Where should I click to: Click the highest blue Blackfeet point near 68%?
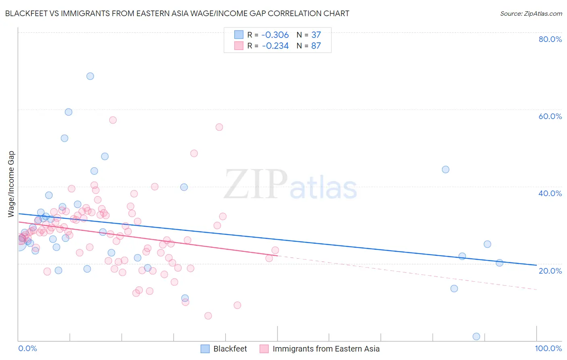click(x=90, y=76)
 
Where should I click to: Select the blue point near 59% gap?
click(x=69, y=112)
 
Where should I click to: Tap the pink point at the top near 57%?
click(x=113, y=120)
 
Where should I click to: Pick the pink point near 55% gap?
click(x=219, y=127)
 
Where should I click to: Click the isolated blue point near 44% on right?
click(x=446, y=170)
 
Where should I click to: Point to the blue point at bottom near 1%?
click(x=476, y=337)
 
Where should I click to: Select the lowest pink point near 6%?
click(x=208, y=316)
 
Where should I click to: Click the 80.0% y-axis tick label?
click(x=550, y=39)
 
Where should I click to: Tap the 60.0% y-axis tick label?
click(x=550, y=116)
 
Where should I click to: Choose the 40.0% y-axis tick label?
click(x=550, y=193)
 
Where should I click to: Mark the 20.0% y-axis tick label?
click(x=550, y=271)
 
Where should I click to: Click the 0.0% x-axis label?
click(x=27, y=349)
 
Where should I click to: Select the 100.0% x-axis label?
click(x=548, y=349)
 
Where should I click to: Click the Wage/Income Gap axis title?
click(x=11, y=184)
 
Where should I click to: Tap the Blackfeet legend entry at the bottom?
click(x=230, y=349)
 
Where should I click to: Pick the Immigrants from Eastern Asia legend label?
click(x=326, y=349)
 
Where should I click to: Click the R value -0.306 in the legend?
click(x=275, y=35)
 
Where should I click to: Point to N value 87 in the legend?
click(x=316, y=46)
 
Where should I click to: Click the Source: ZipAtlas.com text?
click(x=531, y=14)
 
